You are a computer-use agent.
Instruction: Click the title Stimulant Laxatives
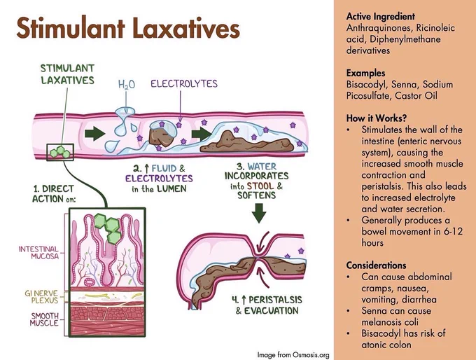pyautogui.click(x=128, y=28)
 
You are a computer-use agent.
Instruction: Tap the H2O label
pyautogui.click(x=126, y=85)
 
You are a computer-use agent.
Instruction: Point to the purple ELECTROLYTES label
pyautogui.click(x=184, y=83)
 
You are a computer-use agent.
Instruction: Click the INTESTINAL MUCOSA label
pyautogui.click(x=38, y=252)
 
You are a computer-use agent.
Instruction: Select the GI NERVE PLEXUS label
pyautogui.click(x=41, y=296)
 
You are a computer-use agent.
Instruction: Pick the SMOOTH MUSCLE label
pyautogui.click(x=44, y=319)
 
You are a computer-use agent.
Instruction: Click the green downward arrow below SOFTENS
pyautogui.click(x=259, y=213)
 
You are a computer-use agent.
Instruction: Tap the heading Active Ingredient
pyautogui.click(x=380, y=16)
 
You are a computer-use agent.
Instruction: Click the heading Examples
pyautogui.click(x=365, y=74)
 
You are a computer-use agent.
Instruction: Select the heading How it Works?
pyautogui.click(x=377, y=118)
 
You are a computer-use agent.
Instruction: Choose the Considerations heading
pyautogui.click(x=376, y=265)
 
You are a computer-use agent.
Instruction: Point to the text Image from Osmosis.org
pyautogui.click(x=293, y=354)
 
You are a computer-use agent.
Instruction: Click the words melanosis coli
pyautogui.click(x=390, y=322)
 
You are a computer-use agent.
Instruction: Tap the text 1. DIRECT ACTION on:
pyautogui.click(x=54, y=194)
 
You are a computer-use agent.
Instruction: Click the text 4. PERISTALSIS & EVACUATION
pyautogui.click(x=267, y=305)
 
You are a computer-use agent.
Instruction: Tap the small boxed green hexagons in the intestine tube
pyautogui.click(x=60, y=152)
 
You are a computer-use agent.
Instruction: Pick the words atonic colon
pyautogui.click(x=386, y=345)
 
